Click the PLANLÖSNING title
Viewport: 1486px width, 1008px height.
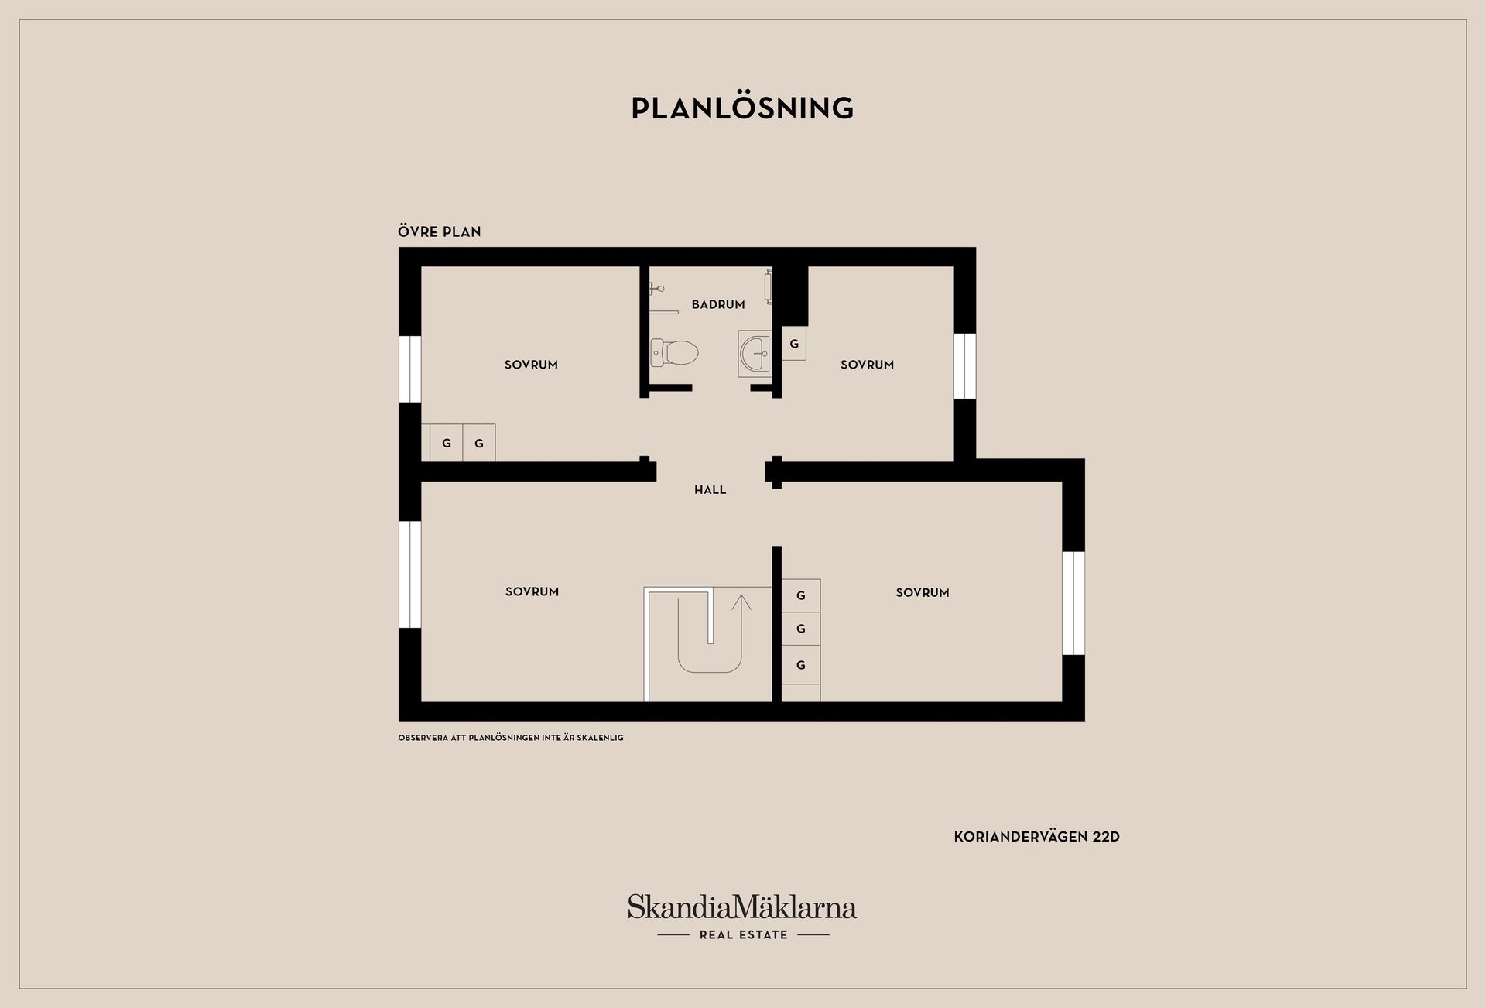742,108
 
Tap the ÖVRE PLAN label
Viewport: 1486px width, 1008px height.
439,231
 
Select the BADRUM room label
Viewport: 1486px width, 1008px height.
718,304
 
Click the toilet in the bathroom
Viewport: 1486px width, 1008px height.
674,353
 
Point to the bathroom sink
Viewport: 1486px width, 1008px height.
755,354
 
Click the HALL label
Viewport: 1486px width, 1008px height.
710,489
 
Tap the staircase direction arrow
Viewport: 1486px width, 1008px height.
741,623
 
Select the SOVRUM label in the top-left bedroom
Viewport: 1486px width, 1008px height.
531,365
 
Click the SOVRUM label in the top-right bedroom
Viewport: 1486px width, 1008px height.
867,365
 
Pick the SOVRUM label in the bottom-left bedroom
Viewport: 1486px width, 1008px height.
532,591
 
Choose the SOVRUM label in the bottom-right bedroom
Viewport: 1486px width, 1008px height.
922,592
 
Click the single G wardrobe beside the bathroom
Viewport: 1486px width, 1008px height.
794,343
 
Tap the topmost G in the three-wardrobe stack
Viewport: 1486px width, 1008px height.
801,595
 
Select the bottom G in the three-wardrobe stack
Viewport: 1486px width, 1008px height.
801,665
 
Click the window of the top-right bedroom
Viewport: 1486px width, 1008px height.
964,366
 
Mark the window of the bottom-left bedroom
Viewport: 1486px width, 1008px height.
410,574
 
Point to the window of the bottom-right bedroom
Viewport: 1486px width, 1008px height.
1073,603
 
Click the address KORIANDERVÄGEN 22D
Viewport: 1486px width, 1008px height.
1036,837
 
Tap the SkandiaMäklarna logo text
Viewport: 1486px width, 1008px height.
742,907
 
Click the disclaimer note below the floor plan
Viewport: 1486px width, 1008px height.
511,738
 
